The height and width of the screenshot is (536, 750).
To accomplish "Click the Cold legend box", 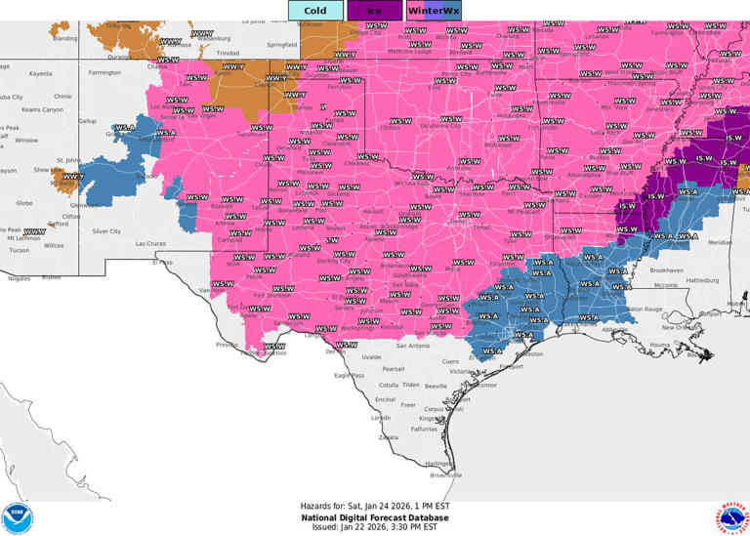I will tap(315, 11).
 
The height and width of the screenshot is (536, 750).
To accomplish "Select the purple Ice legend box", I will tap(374, 11).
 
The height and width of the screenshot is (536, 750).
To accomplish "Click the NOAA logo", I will tap(17, 517).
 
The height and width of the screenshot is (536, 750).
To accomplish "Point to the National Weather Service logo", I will tap(732, 517).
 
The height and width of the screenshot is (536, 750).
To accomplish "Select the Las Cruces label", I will tap(152, 243).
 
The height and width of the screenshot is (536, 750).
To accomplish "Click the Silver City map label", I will tap(105, 231).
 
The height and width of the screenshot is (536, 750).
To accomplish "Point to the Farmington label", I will tap(104, 72).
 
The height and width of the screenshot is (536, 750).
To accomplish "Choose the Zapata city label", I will tap(389, 437).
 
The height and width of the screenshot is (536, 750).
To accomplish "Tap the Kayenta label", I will tap(40, 73).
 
